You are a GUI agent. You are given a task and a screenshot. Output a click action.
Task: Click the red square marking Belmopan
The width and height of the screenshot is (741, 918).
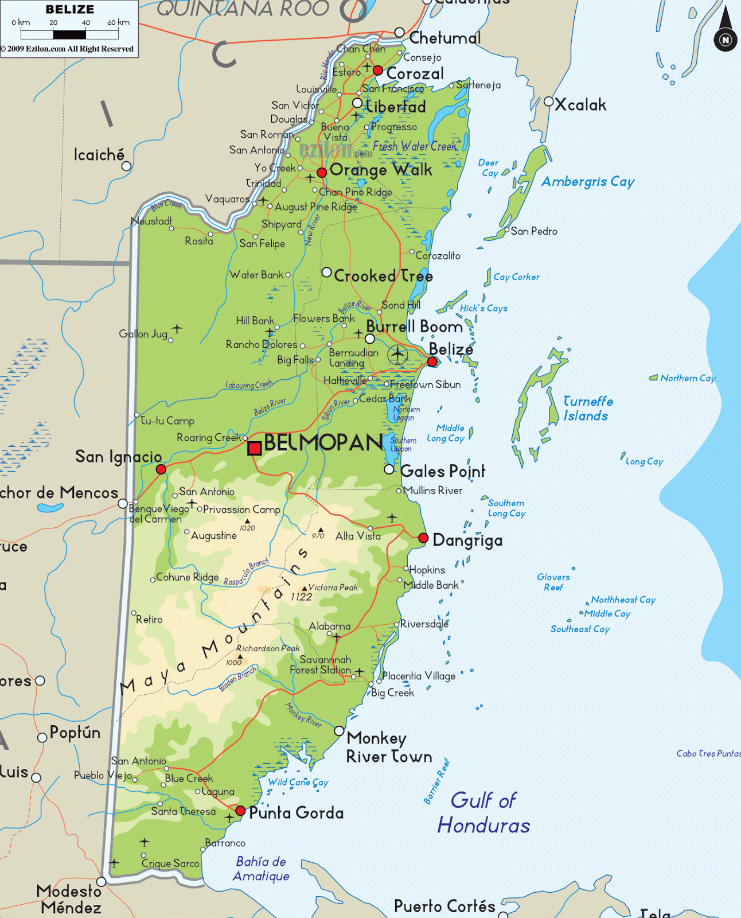coord(254,448)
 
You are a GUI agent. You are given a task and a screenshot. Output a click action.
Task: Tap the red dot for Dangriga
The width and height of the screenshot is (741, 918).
coord(423,538)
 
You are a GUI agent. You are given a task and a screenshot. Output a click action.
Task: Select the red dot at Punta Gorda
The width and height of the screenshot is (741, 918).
coord(240,811)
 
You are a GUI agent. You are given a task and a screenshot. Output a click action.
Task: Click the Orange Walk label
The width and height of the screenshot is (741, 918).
coord(381,170)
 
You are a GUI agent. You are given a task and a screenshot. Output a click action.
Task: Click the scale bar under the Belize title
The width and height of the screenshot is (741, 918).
coord(69,34)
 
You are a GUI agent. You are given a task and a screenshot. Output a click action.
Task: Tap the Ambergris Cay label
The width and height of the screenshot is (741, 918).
coord(588,182)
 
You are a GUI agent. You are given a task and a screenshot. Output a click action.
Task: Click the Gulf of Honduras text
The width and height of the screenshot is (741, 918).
coord(483,812)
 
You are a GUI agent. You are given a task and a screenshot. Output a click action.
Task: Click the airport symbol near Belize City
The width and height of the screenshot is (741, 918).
coord(397,355)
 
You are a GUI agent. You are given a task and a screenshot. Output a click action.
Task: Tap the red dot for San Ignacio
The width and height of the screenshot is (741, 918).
coord(161,469)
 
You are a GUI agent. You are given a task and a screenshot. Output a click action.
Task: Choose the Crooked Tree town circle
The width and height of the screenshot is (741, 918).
coord(326,273)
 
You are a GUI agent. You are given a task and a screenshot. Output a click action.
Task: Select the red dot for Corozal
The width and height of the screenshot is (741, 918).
coord(377,71)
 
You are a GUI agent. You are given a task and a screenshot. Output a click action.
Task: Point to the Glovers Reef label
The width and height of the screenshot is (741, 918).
coord(553,582)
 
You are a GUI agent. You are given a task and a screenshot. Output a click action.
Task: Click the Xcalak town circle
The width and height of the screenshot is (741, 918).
coord(549,102)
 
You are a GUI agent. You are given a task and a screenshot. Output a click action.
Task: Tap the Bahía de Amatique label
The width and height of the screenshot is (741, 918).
coord(261,869)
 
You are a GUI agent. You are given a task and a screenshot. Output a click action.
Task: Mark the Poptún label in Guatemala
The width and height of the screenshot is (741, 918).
coord(75,733)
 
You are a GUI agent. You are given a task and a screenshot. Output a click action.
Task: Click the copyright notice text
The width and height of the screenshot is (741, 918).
coord(67,49)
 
